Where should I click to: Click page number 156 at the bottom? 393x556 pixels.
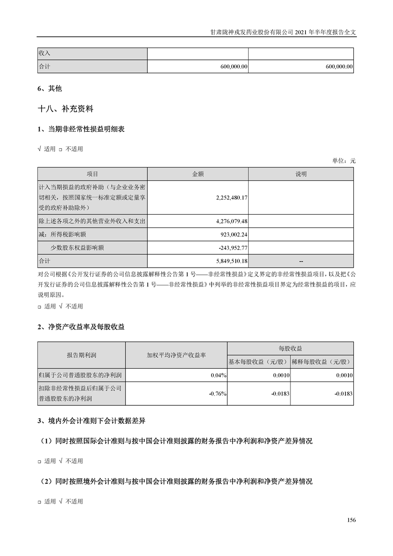351,520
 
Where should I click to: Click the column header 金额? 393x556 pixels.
198,174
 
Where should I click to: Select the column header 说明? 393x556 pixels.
301,174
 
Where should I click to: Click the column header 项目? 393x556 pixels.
92,174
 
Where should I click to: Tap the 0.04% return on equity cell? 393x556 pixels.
218,376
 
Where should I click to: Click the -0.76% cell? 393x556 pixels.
217,394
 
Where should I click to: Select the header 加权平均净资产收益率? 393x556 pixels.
176,355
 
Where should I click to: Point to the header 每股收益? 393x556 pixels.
290,349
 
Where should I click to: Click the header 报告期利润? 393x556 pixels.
81,355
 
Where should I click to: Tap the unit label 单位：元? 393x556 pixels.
344,161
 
